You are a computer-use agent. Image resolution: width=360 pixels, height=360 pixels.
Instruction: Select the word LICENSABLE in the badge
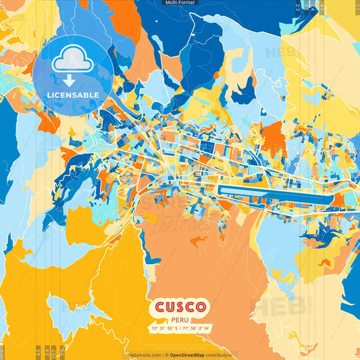pos(73,95)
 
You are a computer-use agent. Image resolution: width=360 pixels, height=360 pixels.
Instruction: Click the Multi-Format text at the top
pos(180,3)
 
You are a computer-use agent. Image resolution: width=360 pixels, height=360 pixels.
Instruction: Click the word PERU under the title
pos(180,320)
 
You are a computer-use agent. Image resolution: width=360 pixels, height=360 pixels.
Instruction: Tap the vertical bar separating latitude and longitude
pos(180,329)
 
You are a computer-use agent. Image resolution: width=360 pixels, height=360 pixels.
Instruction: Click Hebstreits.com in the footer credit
pos(143,355)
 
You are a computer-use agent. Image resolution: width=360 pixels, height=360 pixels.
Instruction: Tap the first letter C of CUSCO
pos(160,307)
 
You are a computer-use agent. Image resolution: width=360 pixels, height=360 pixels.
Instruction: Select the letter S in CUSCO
pos(180,307)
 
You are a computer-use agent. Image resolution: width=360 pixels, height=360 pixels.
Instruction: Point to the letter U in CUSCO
pos(170,307)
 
